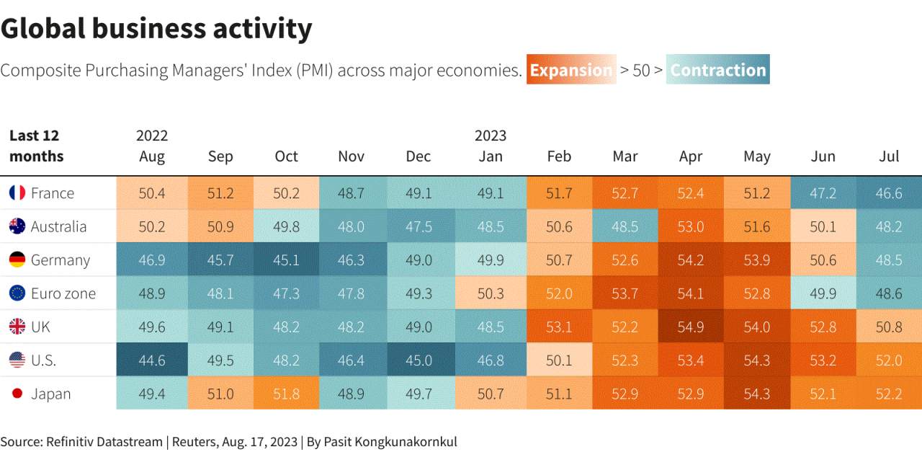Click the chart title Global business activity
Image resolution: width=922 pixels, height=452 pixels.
(x=156, y=29)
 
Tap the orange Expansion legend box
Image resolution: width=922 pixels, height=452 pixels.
(x=571, y=69)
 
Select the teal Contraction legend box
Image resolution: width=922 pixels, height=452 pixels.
(x=718, y=69)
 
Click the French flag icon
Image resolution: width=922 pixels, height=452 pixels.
(x=17, y=192)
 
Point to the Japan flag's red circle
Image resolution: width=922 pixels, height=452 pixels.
(x=17, y=394)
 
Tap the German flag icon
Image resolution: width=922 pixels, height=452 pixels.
(x=17, y=260)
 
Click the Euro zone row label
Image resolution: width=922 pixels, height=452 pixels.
(x=63, y=293)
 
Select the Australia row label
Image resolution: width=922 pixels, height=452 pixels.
(x=59, y=226)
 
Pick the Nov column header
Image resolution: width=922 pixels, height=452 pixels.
(x=351, y=156)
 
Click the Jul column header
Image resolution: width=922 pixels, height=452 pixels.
(x=889, y=156)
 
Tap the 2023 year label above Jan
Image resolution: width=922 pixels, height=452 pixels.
(x=491, y=136)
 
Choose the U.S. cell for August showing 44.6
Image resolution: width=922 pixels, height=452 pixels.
(x=152, y=360)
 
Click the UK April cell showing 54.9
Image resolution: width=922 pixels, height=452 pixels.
(x=691, y=327)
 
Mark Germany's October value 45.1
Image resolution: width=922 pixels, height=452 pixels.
(x=286, y=260)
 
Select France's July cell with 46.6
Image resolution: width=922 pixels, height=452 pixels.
(x=889, y=192)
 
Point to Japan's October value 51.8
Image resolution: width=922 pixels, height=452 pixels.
(x=286, y=394)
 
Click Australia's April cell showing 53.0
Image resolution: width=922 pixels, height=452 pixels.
(x=691, y=226)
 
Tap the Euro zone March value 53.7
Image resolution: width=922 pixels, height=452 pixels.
(x=625, y=293)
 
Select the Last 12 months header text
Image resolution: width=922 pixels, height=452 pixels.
(x=36, y=146)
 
